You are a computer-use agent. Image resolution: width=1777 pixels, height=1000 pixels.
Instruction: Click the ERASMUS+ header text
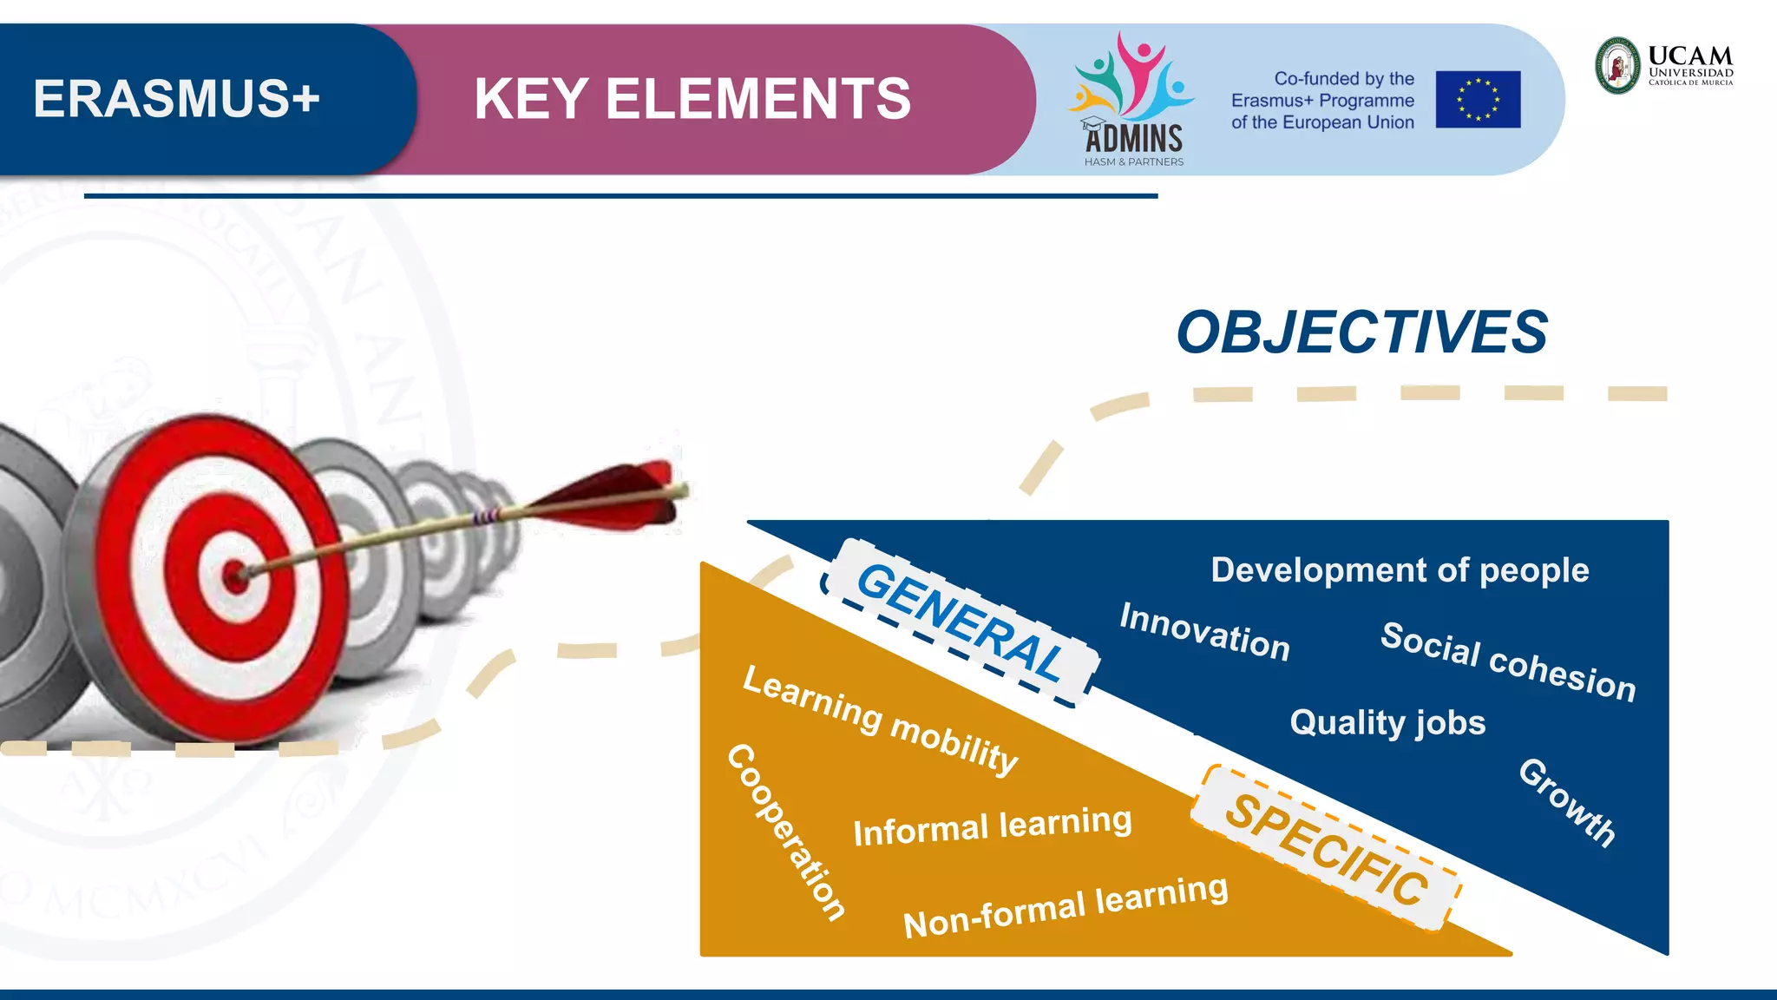(177, 98)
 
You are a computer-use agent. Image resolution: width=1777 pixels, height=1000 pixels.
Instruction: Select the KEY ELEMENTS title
(692, 99)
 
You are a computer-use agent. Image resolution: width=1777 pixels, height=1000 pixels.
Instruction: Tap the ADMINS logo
(1132, 101)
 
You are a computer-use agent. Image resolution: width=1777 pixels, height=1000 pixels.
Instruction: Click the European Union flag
(1478, 100)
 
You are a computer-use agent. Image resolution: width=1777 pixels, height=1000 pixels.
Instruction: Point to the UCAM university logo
(1664, 65)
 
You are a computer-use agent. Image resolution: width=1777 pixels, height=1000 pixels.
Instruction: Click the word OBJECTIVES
(1361, 332)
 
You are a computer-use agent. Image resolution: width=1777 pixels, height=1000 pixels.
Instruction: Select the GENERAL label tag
(960, 622)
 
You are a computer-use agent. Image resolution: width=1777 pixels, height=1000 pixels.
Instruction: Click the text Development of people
(1400, 570)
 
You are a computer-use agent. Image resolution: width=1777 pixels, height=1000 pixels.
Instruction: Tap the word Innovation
(1204, 632)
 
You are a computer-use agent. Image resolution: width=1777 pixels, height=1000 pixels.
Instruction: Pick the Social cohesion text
(1508, 661)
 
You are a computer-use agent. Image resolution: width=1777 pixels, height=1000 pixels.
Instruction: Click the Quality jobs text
(1387, 722)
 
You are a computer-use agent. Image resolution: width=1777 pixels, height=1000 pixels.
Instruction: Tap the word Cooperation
(786, 831)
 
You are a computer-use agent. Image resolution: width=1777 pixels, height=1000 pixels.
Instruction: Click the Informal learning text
(993, 826)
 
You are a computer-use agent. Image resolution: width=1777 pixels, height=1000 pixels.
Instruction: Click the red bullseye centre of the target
(235, 576)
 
